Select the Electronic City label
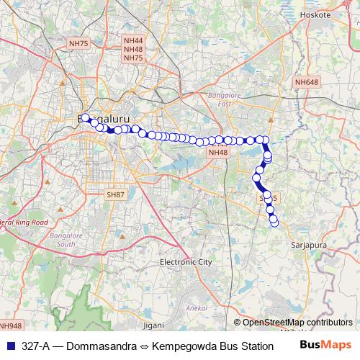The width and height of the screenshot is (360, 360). click(186, 262)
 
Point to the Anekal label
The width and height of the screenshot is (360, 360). click(197, 308)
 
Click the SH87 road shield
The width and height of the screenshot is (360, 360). click(115, 195)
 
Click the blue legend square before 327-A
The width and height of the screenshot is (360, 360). click(10, 346)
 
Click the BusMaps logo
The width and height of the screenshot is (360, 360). click(326, 345)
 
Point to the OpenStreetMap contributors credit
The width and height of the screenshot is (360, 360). click(297, 323)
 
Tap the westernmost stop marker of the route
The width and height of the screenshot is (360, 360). click(85, 118)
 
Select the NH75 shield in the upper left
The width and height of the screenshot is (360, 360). click(78, 44)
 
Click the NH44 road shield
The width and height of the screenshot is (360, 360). click(133, 42)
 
